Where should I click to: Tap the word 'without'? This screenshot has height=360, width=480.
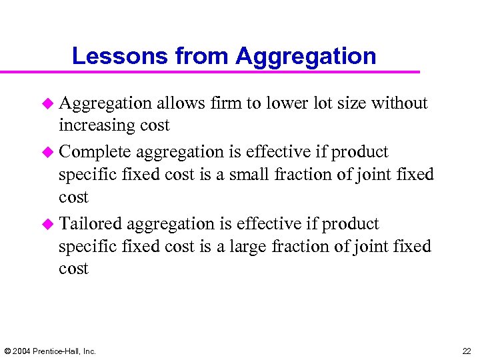coord(399,103)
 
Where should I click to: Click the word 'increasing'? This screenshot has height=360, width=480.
coord(97,126)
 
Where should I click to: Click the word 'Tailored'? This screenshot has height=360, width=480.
coord(91,224)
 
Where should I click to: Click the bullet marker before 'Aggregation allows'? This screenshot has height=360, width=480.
coord(47,103)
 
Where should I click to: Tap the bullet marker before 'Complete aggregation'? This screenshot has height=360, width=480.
coord(47,153)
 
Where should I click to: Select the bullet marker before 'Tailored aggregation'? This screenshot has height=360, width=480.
coord(47,224)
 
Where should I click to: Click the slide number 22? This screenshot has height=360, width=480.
coord(466,351)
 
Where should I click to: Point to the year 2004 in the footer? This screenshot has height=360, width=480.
coord(22,351)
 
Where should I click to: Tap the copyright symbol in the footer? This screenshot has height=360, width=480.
coord(7,351)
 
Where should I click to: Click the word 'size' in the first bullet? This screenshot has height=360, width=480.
coord(351,103)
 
